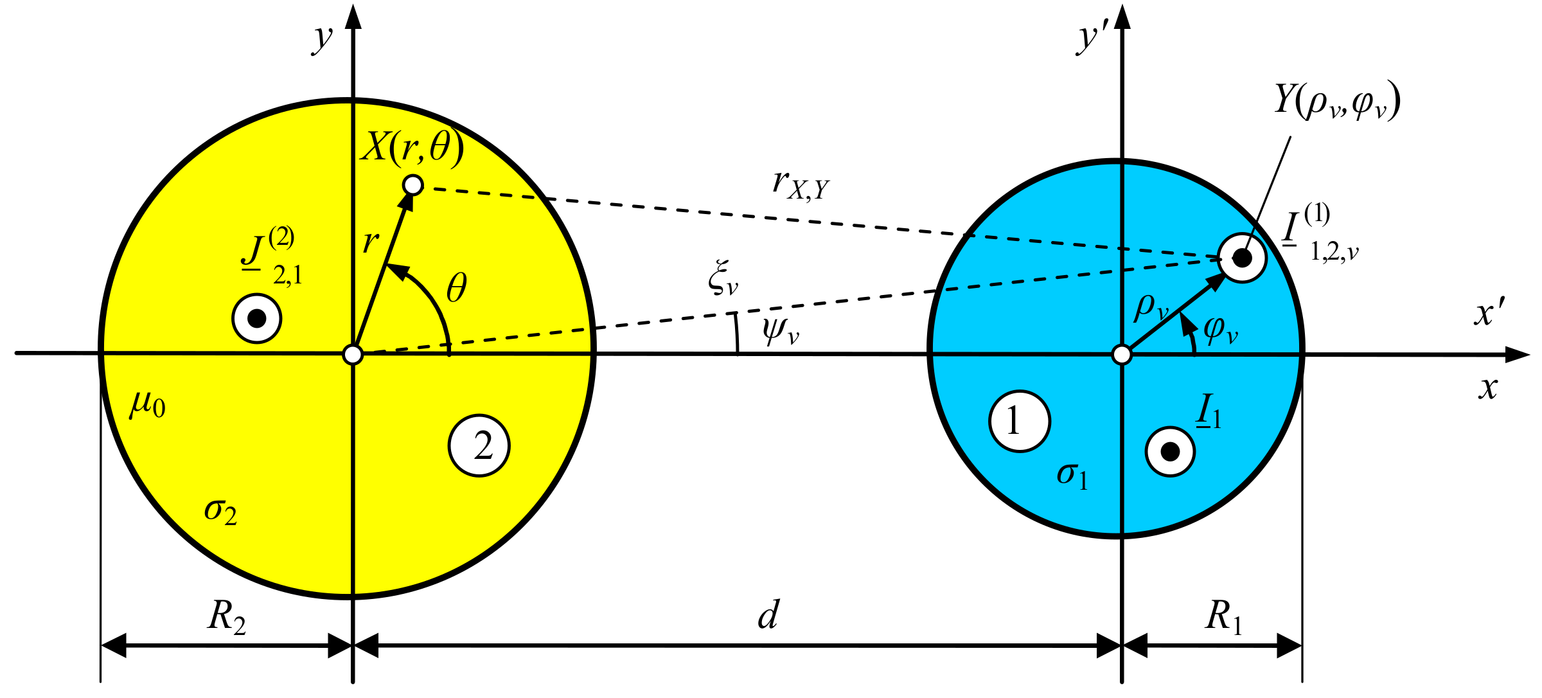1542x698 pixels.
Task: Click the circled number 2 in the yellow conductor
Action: pyautogui.click(x=479, y=445)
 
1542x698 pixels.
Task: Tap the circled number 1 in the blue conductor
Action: pyautogui.click(x=1020, y=421)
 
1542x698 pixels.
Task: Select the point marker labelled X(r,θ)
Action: pyautogui.click(x=412, y=185)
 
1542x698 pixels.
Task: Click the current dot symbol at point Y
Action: pyautogui.click(x=1242, y=258)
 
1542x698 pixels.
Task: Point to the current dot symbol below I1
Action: pyautogui.click(x=1170, y=452)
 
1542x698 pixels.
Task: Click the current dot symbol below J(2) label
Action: pyautogui.click(x=257, y=318)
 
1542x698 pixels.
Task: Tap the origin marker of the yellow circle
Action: pyautogui.click(x=353, y=354)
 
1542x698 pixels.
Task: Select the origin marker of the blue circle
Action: pyautogui.click(x=1122, y=354)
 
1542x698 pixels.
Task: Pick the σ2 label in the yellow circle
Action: pyautogui.click(x=220, y=512)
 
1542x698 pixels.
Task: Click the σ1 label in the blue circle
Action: pyautogui.click(x=1072, y=476)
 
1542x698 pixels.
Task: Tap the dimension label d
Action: pyautogui.click(x=768, y=615)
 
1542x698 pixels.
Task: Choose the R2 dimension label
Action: pyautogui.click(x=226, y=617)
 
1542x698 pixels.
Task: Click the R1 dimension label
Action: pyautogui.click(x=1223, y=617)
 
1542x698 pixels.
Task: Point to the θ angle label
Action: pyautogui.click(x=457, y=288)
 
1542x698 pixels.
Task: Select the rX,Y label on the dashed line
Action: pyautogui.click(x=801, y=185)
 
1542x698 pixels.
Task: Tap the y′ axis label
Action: pyautogui.click(x=1092, y=39)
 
